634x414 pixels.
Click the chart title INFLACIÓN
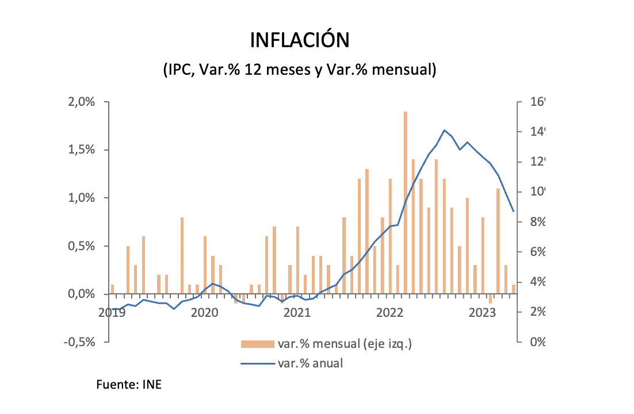point(299,40)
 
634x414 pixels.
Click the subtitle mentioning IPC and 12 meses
point(300,70)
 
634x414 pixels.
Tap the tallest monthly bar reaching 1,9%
point(406,201)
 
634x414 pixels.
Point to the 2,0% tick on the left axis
point(82,102)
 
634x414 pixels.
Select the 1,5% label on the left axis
point(82,150)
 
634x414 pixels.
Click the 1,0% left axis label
point(82,198)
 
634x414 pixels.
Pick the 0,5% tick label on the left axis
point(82,246)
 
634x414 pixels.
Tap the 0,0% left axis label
point(82,294)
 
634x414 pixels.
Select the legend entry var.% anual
point(310,363)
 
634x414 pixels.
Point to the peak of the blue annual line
point(444,130)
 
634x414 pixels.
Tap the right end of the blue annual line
point(513,211)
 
